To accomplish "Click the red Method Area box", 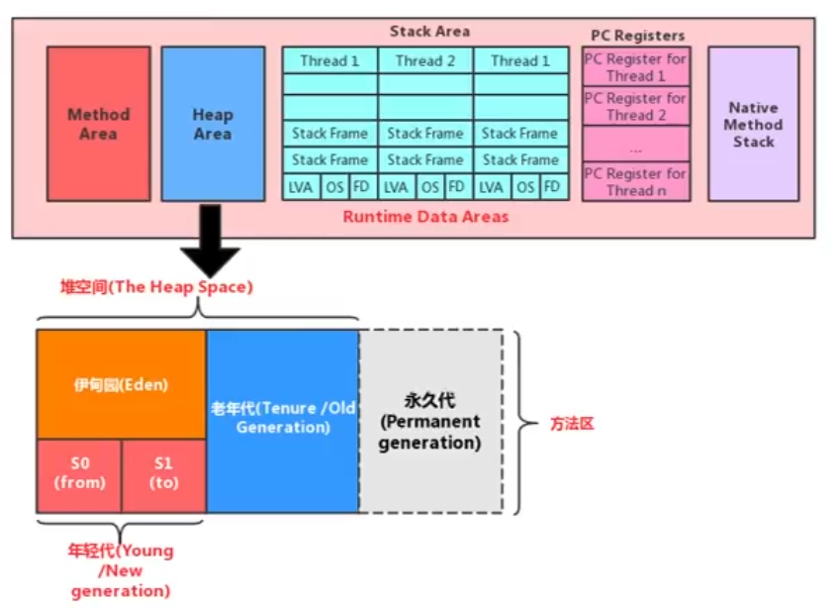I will [x=98, y=124].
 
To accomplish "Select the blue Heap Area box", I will [x=213, y=124].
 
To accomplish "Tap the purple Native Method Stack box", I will [x=753, y=124].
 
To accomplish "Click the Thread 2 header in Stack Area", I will [x=425, y=60].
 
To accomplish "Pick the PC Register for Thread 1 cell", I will [x=635, y=67].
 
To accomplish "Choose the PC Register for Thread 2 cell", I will [x=635, y=106].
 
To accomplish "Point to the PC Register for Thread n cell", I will [x=635, y=182].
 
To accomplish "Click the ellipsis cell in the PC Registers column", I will [x=635, y=145].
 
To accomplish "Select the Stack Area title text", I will [x=429, y=32].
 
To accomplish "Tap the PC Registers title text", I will [x=637, y=36].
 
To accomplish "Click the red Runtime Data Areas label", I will [x=425, y=216].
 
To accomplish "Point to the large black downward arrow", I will [x=209, y=242].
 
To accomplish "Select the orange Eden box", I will [x=122, y=384].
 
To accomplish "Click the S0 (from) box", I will [x=79, y=475].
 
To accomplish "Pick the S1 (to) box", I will [x=163, y=475].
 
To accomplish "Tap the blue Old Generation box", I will [x=283, y=420].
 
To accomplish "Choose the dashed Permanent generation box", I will [x=430, y=421].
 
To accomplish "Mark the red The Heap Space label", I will [x=156, y=287].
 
